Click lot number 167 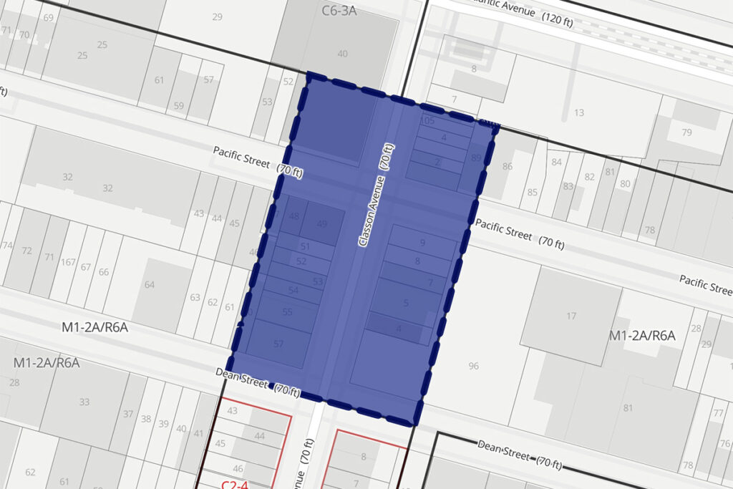(x=68, y=262)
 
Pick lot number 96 (x=473, y=366)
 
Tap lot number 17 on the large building (x=571, y=316)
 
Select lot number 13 (x=579, y=112)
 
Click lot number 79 (x=687, y=132)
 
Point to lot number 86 (x=508, y=167)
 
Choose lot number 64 (x=150, y=285)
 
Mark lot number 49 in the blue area (x=322, y=224)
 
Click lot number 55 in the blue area (x=288, y=312)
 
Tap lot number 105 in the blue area (x=428, y=121)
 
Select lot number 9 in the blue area (x=423, y=243)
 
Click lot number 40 (x=343, y=54)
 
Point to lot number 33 (x=84, y=402)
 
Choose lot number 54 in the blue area (x=293, y=290)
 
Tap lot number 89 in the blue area (x=477, y=158)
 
